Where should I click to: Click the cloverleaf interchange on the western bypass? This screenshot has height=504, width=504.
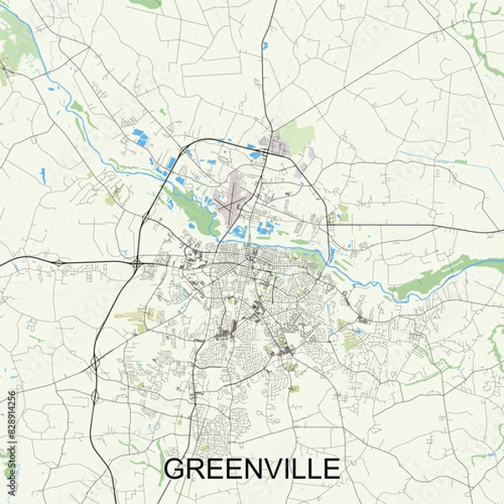[136, 264]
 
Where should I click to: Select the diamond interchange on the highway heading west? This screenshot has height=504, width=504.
[59, 264]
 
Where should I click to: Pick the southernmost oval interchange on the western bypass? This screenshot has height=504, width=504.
[95, 396]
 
